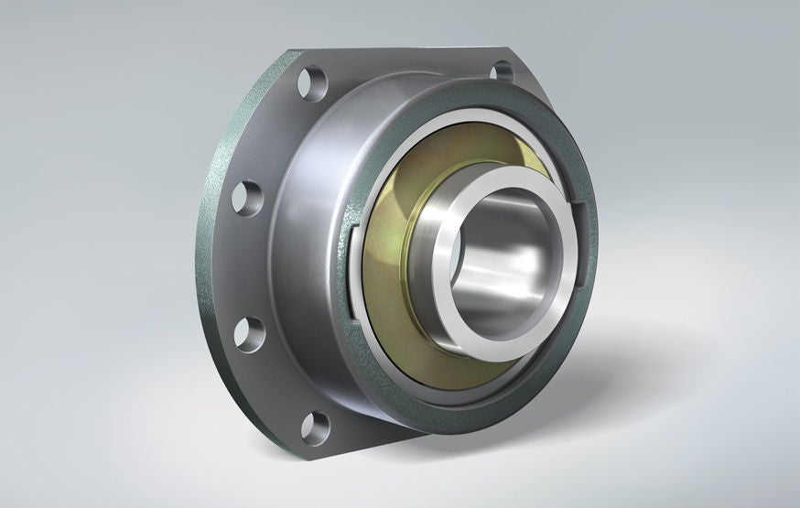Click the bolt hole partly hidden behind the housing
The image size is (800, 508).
[502, 70]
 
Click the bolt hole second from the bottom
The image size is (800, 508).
[248, 331]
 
